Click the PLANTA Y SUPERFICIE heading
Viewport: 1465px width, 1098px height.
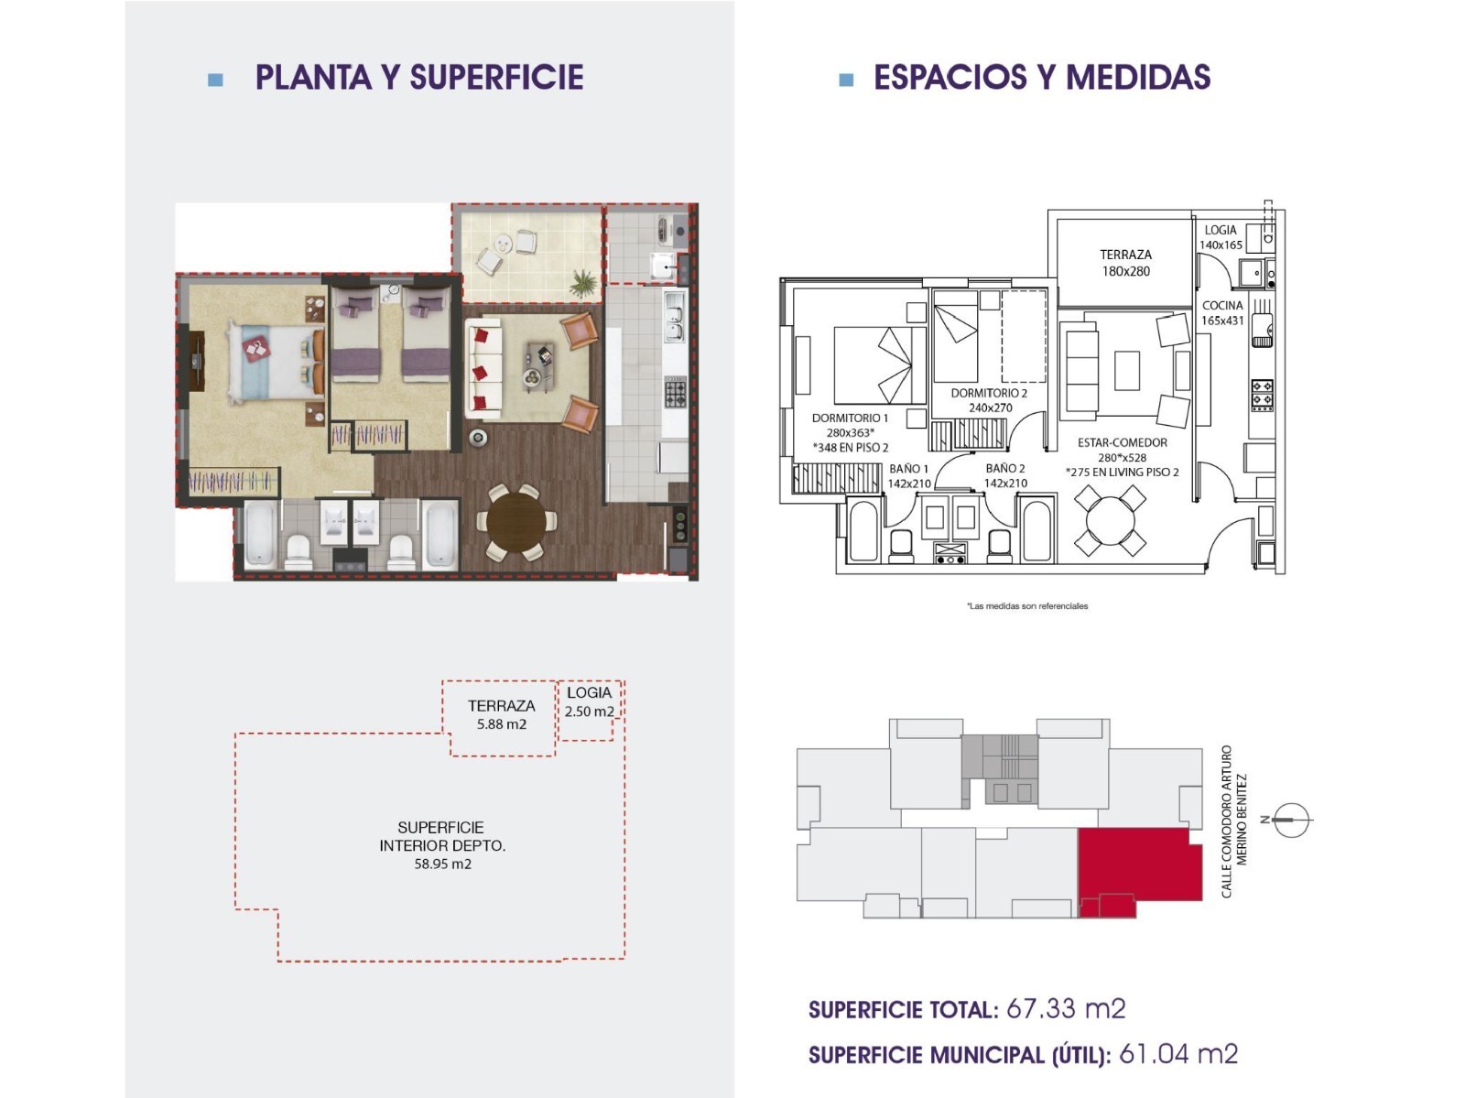[419, 78]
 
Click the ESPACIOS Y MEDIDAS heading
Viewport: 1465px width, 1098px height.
[1042, 78]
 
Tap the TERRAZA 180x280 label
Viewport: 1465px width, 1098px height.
[1126, 263]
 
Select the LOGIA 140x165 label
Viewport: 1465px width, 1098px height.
[1221, 237]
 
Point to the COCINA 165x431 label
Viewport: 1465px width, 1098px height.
[1222, 313]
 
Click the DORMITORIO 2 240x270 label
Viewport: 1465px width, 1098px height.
[989, 400]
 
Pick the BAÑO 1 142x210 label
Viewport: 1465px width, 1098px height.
[908, 476]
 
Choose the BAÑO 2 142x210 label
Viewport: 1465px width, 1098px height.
[1005, 476]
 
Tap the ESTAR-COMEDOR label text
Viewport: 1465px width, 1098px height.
[1123, 442]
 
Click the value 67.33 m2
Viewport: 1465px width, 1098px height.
[1066, 1008]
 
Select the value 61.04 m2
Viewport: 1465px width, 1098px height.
[1178, 1054]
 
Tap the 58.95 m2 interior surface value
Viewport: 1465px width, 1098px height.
[442, 864]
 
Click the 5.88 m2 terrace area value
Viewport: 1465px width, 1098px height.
[501, 724]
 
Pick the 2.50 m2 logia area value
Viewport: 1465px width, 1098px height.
[590, 712]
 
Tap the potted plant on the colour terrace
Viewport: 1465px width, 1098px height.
[583, 282]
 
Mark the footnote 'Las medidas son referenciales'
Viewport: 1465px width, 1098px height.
[1027, 606]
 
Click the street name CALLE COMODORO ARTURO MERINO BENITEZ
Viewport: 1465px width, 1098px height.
[1233, 821]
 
